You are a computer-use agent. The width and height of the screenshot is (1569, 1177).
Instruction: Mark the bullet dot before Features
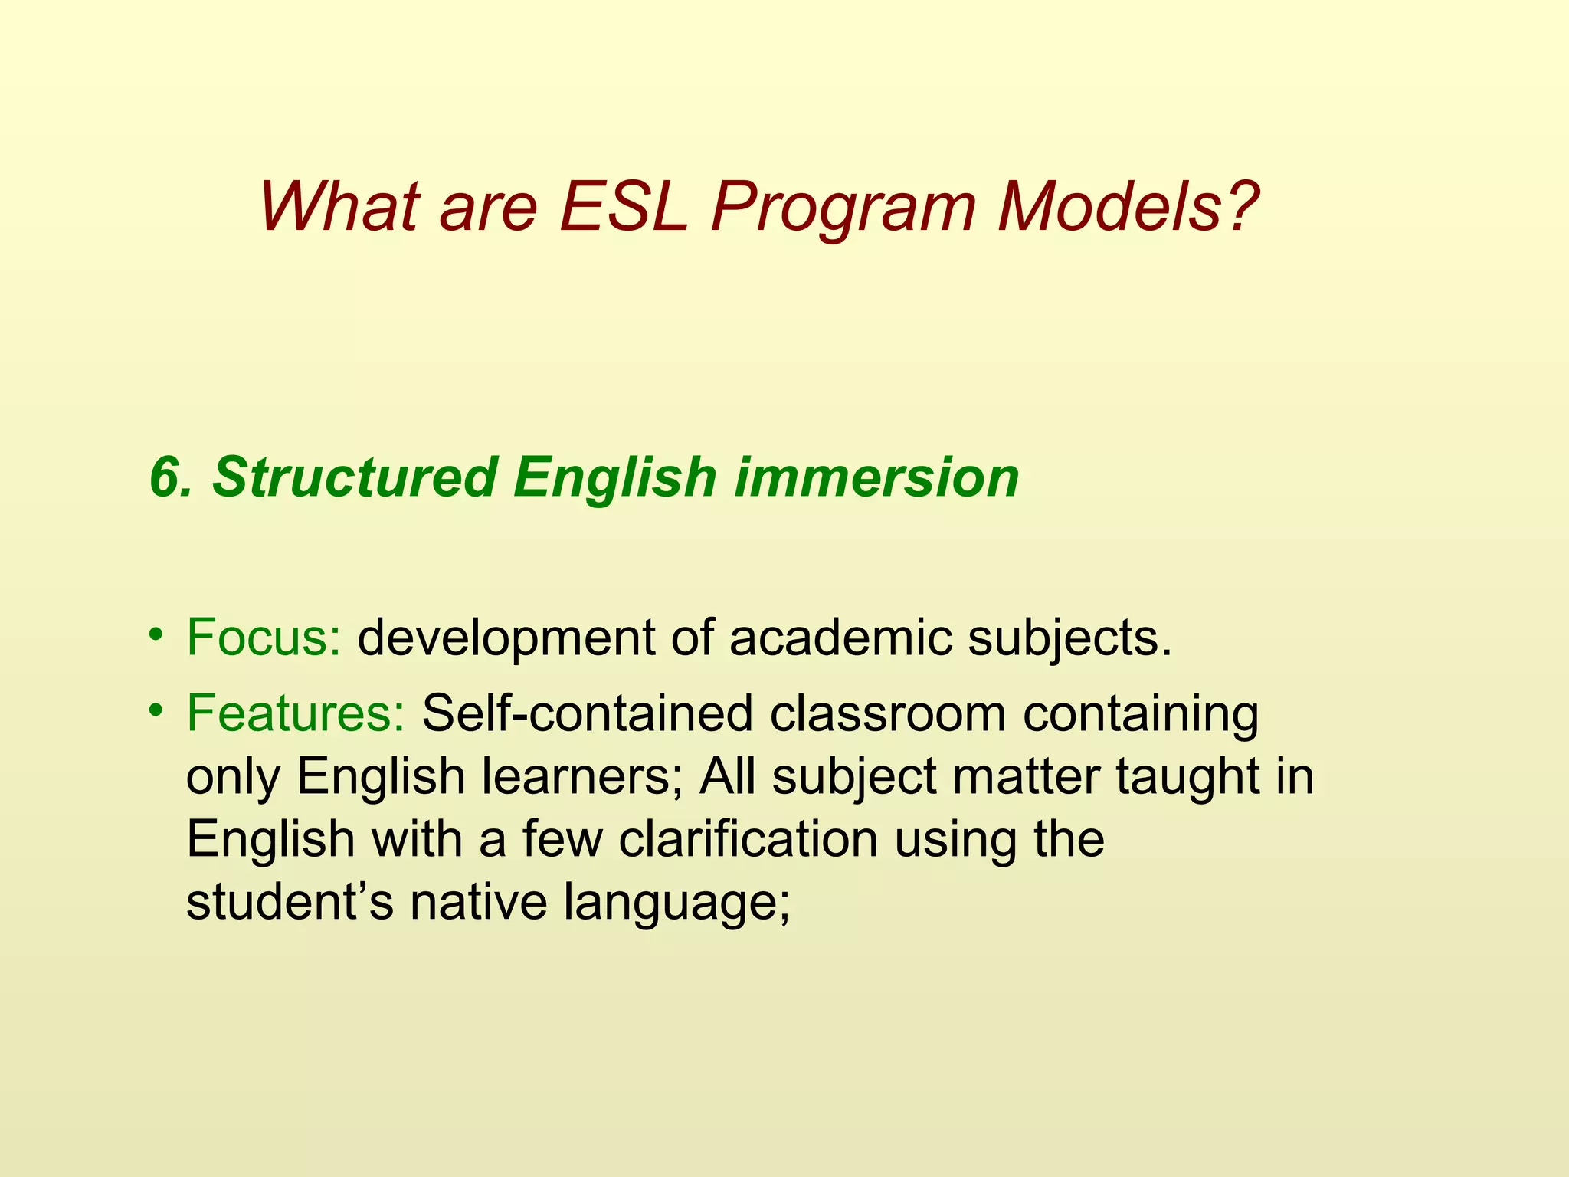click(x=156, y=710)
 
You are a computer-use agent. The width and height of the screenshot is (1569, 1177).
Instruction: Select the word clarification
click(x=748, y=840)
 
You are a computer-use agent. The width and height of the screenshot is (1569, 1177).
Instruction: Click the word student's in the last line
click(x=290, y=903)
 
